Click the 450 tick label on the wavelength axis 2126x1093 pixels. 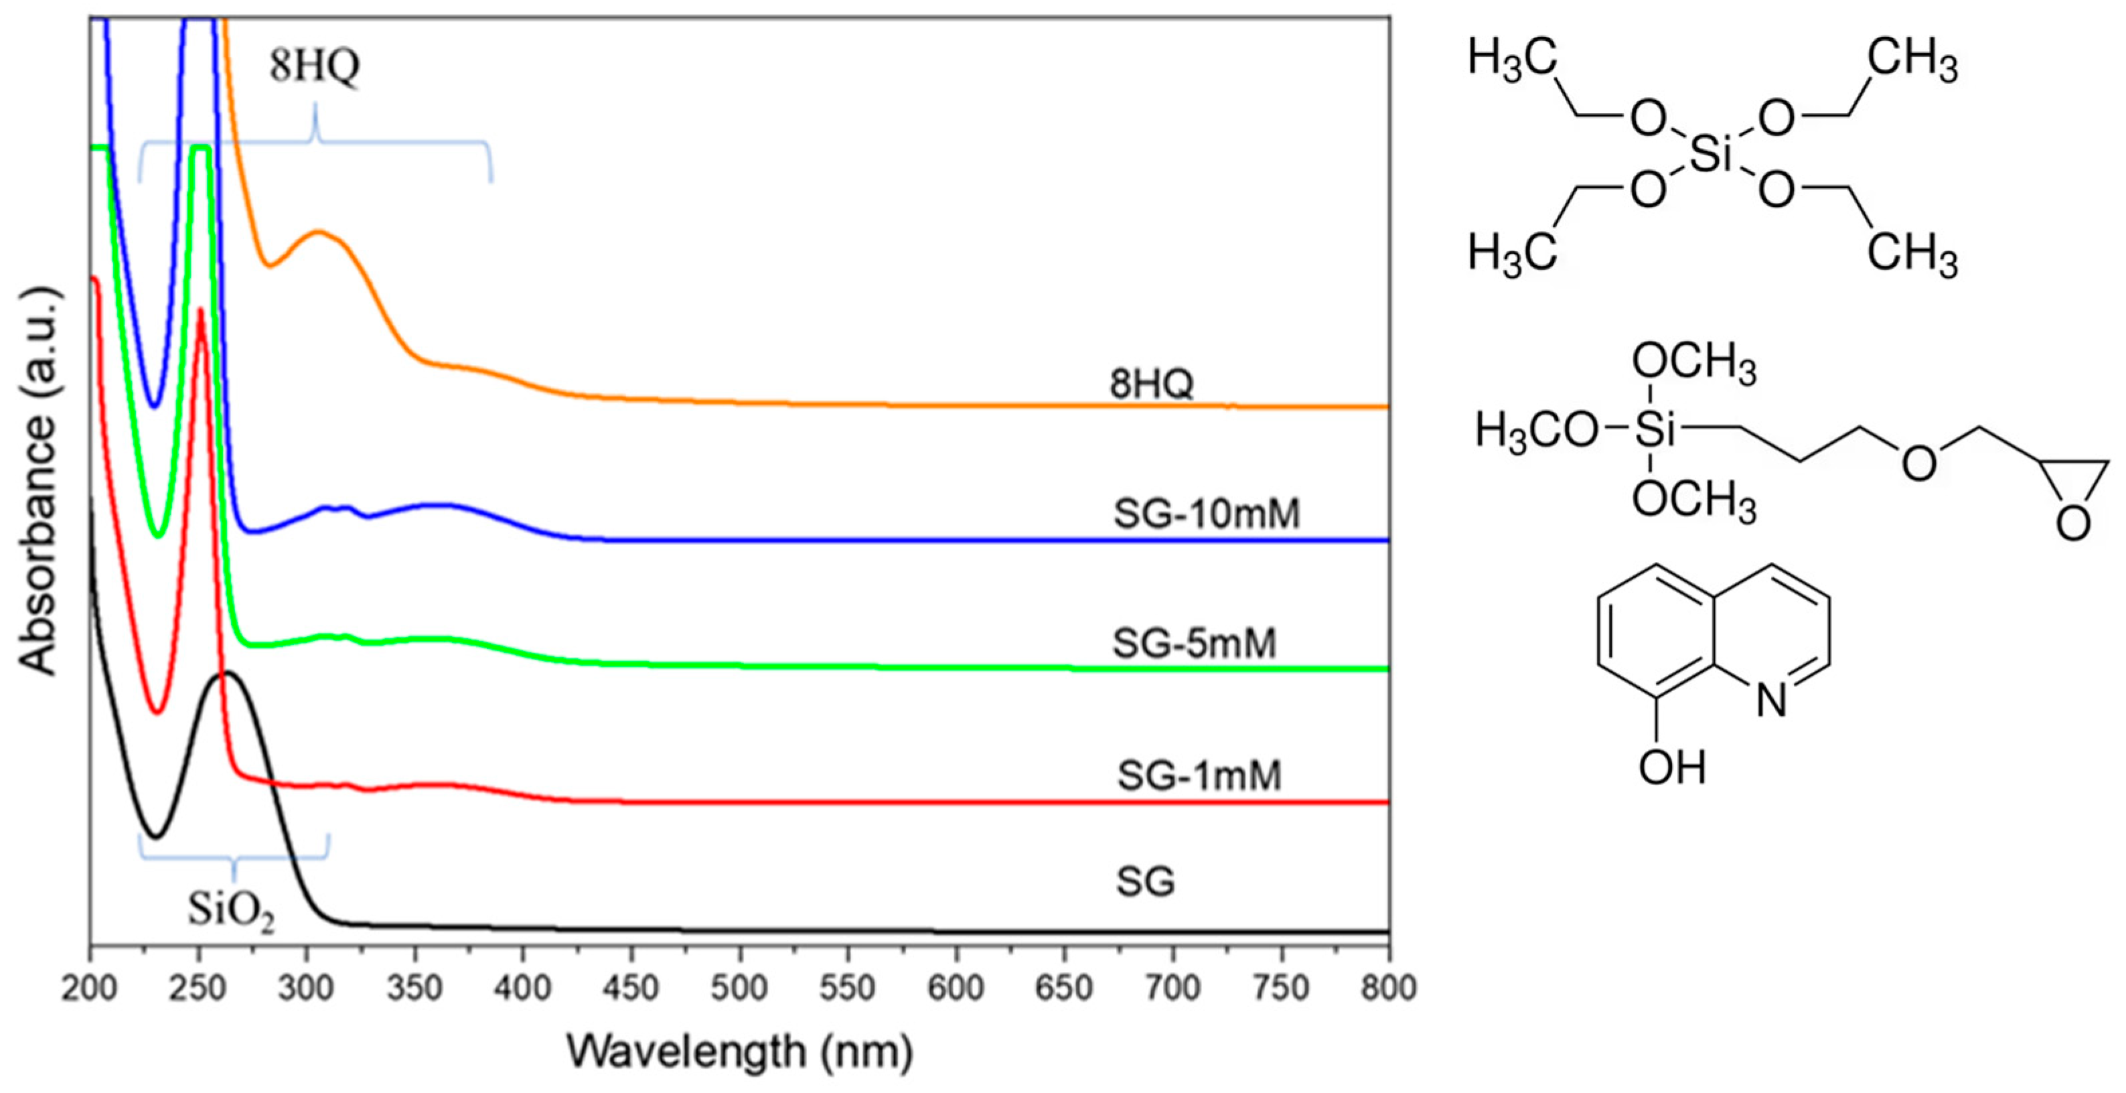pyautogui.click(x=631, y=988)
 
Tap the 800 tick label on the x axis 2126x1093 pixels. pyautogui.click(x=1389, y=988)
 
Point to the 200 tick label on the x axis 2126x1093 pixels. pyautogui.click(x=90, y=988)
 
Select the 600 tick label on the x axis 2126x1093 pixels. pyautogui.click(x=956, y=988)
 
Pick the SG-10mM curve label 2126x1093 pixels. pyautogui.click(x=1206, y=514)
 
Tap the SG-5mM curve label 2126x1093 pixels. pyautogui.click(x=1194, y=643)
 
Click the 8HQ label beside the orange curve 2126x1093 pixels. pyautogui.click(x=1150, y=384)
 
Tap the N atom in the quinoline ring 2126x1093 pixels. pyautogui.click(x=1770, y=701)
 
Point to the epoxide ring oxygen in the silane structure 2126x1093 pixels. pyautogui.click(x=2072, y=523)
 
